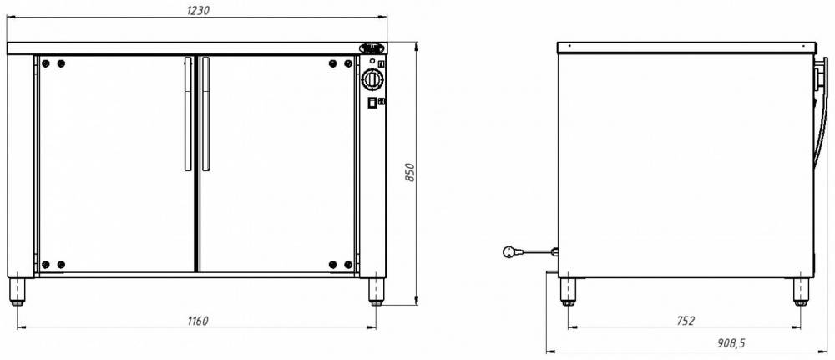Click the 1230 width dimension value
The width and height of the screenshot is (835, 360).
tap(197, 10)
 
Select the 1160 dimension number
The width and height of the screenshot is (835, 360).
tap(198, 321)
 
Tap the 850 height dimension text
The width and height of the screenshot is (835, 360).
tap(410, 173)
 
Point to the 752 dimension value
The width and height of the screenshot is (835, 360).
tap(686, 321)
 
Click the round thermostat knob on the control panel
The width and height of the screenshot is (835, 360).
tap(372, 80)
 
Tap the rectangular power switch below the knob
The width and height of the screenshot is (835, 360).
tap(372, 102)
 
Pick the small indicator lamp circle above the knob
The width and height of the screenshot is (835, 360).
tap(372, 61)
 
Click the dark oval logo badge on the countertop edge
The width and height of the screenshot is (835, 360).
tap(372, 48)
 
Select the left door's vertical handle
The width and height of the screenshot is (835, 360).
tap(187, 114)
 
